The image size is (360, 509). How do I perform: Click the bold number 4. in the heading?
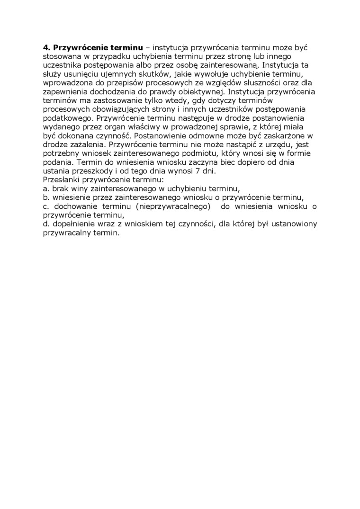tap(46, 48)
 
